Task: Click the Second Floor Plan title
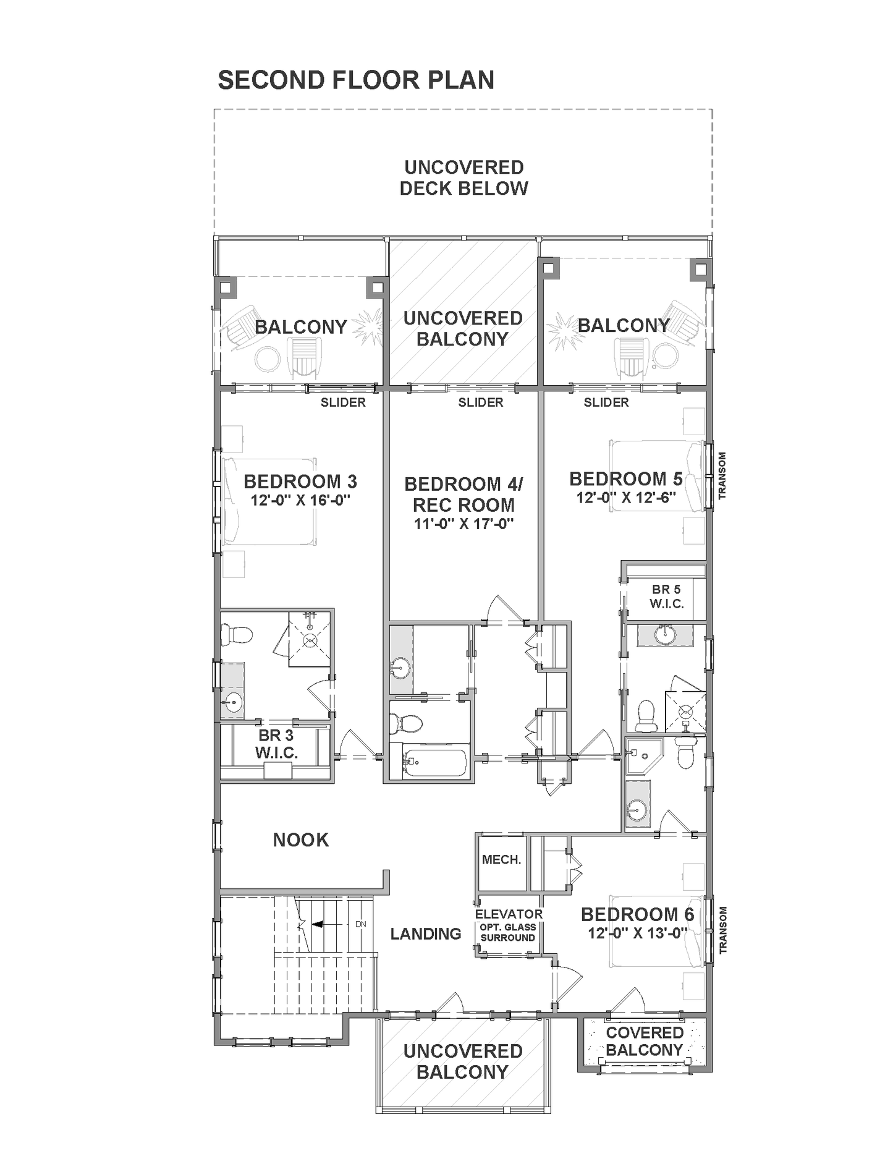(356, 80)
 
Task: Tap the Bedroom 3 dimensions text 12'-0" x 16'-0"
(300, 500)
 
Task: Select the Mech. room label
(501, 860)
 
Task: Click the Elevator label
(509, 914)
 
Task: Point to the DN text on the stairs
(361, 924)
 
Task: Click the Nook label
(301, 840)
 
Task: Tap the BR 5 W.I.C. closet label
(666, 597)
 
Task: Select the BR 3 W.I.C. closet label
(276, 744)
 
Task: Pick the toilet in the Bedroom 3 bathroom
(238, 635)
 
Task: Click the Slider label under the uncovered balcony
(481, 403)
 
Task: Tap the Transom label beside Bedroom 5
(722, 475)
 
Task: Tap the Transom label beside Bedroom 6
(722, 930)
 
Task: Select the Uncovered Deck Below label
(463, 178)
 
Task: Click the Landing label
(426, 933)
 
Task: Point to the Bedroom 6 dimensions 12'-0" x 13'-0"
(638, 933)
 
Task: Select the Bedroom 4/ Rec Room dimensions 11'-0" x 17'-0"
(463, 524)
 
